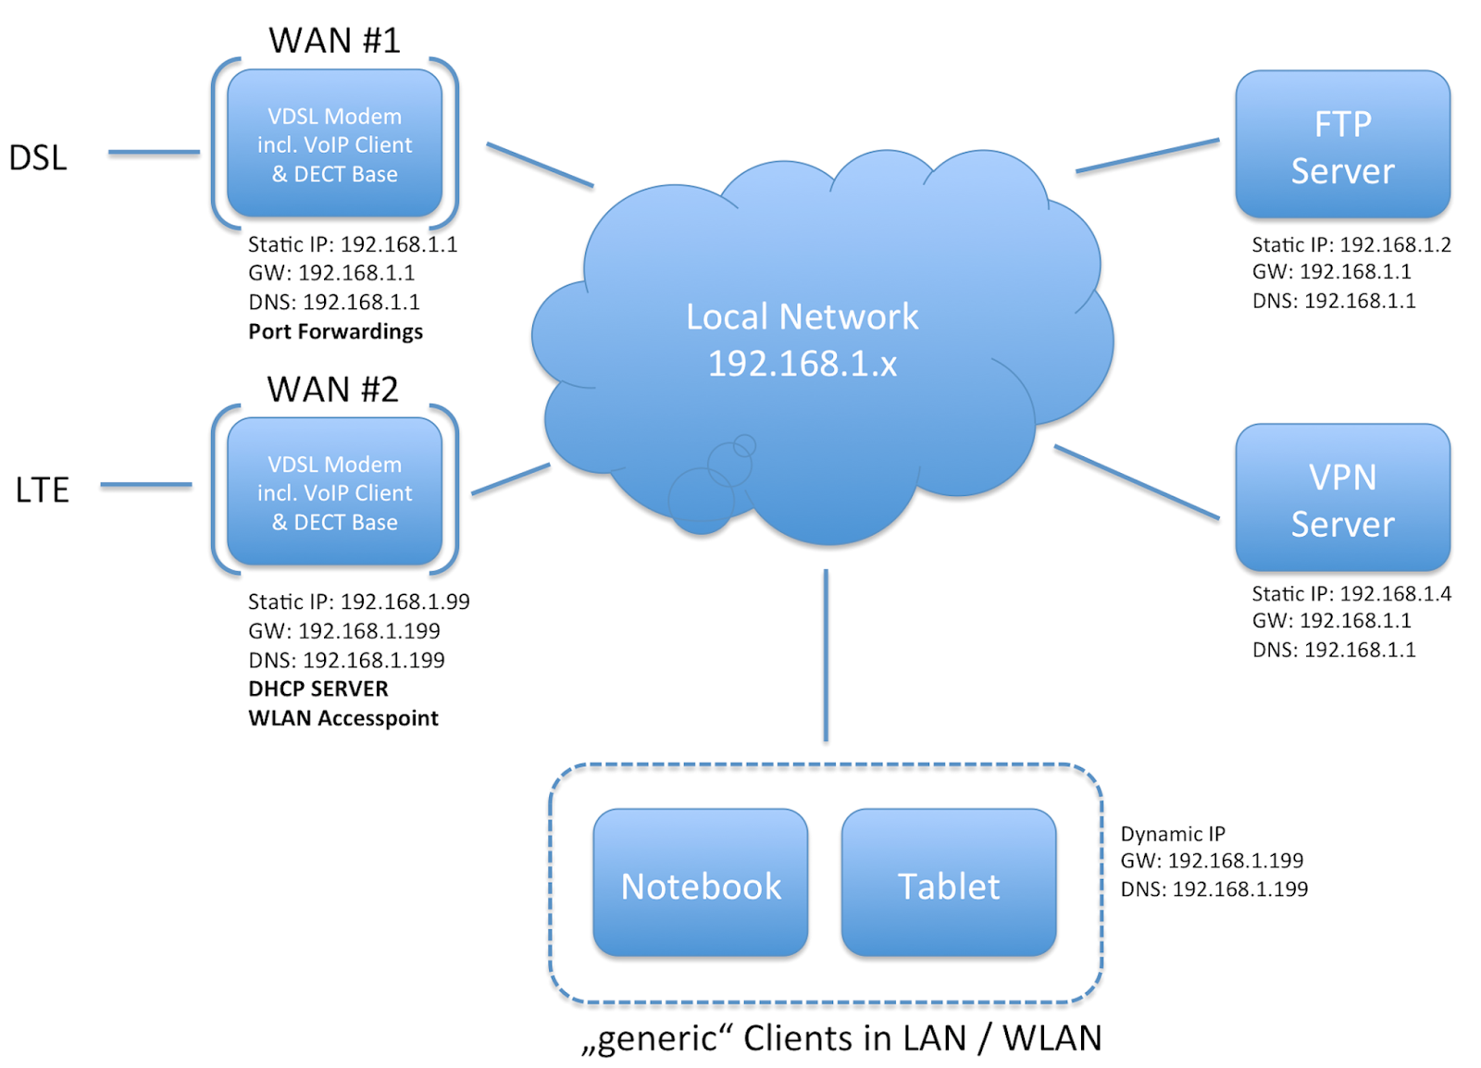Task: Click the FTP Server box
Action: [1341, 145]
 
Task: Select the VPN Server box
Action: [1341, 498]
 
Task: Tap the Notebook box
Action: [700, 883]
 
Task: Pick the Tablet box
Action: [948, 883]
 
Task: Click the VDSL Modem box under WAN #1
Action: [334, 143]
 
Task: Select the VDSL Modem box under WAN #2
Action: [334, 491]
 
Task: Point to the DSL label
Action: [38, 157]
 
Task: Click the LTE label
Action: [43, 489]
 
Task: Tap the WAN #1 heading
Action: [334, 40]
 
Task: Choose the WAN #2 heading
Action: [332, 389]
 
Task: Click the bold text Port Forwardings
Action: [335, 331]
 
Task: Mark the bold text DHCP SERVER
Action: [317, 689]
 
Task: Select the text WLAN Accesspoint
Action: [342, 718]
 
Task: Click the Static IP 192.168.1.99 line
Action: [358, 602]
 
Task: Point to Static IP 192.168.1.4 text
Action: [1350, 593]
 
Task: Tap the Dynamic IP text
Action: [1172, 833]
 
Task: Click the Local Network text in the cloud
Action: [802, 317]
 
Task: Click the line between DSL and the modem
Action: [154, 152]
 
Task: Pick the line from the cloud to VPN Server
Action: [1137, 482]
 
